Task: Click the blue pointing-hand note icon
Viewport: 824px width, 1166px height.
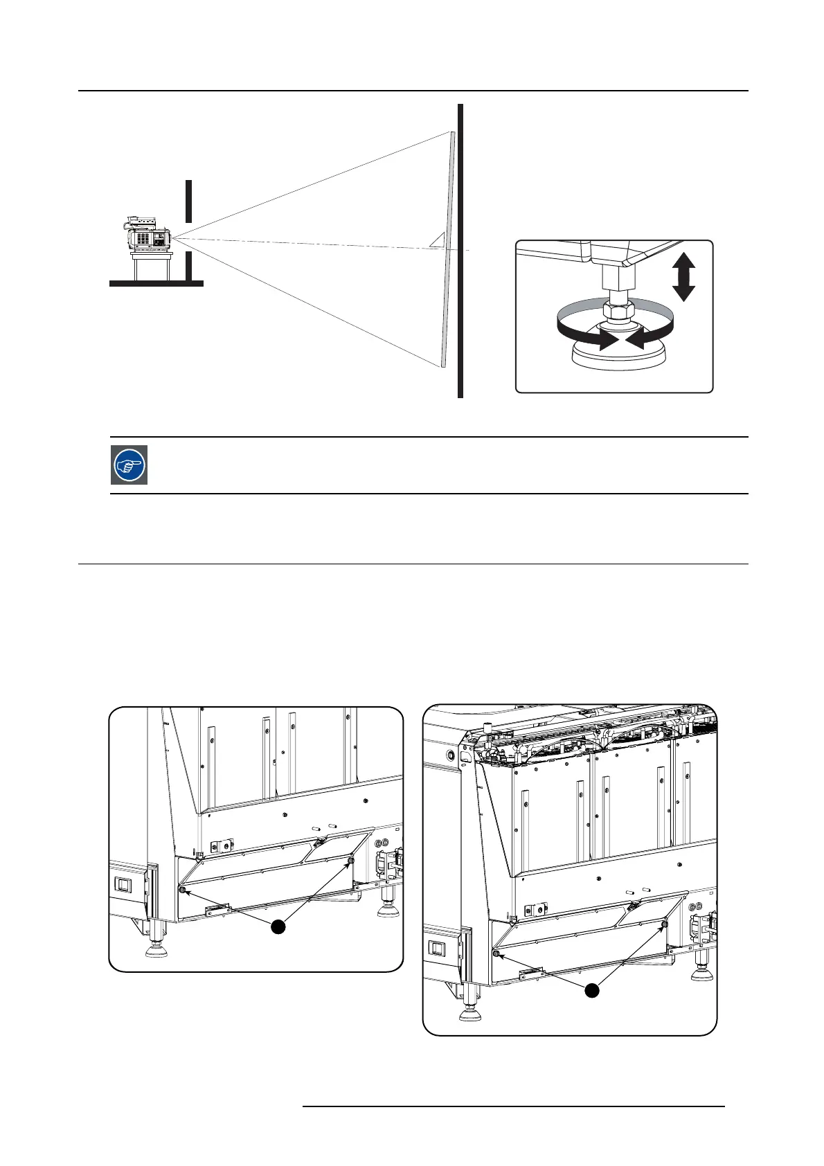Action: point(129,465)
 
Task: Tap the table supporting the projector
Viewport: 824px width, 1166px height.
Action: point(152,265)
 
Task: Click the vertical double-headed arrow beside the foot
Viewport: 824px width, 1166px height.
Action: point(683,276)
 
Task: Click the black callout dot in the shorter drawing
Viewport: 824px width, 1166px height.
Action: point(278,926)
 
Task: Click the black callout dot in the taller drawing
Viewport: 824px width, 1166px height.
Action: point(591,991)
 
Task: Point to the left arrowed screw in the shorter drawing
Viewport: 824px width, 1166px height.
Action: point(183,890)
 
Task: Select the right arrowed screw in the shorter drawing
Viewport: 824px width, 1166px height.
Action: point(350,860)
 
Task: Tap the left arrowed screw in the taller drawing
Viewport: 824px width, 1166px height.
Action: point(496,954)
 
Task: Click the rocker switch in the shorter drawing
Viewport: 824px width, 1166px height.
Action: point(123,884)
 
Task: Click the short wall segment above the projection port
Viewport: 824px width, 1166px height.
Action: point(188,200)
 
